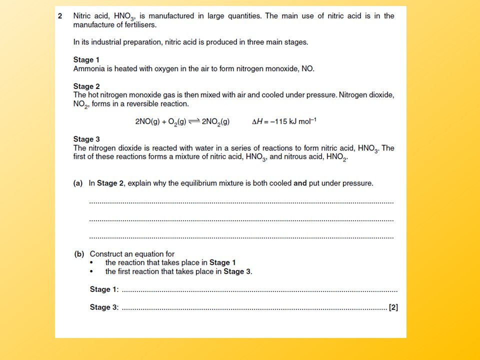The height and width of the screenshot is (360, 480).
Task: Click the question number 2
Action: pos(60,16)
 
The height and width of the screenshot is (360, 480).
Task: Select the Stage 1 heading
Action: pos(86,60)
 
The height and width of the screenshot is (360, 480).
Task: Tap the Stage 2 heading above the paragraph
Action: pos(86,86)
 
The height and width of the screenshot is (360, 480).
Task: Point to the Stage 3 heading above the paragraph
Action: pos(86,139)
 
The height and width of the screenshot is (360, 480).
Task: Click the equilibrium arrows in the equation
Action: pos(192,121)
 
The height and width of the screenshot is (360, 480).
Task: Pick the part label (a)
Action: pos(78,183)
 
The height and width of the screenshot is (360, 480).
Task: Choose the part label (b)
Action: pos(79,254)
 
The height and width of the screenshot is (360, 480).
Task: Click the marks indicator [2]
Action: pos(393,307)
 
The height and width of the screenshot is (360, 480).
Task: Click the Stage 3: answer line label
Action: pos(104,307)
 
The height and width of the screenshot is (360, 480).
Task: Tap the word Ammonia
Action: pos(87,68)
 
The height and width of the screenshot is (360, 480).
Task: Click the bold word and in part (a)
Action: pos(300,183)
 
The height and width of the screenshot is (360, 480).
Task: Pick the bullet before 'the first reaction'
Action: pos(91,272)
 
